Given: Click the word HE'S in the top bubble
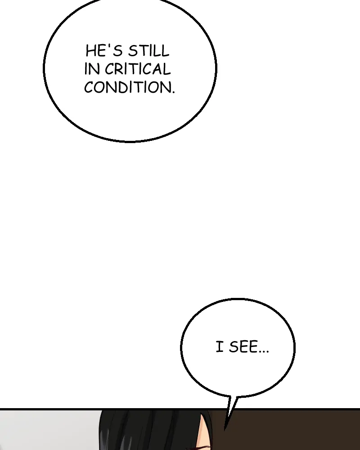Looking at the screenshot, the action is pyautogui.click(x=104, y=51).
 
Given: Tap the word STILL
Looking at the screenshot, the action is pyautogui.click(x=148, y=51).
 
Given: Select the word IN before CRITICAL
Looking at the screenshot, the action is pyautogui.click(x=92, y=69).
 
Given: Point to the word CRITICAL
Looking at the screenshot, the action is pyautogui.click(x=138, y=69).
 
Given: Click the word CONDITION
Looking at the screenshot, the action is pyautogui.click(x=128, y=87).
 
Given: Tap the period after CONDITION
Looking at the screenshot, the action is pyautogui.click(x=173, y=92).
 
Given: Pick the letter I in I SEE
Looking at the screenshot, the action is pyautogui.click(x=220, y=346).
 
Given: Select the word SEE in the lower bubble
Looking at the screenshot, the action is pyautogui.click(x=243, y=346).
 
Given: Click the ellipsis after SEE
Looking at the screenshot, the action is pyautogui.click(x=264, y=351).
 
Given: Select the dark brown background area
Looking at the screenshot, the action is pyautogui.click(x=287, y=431).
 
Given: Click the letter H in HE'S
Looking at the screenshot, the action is pyautogui.click(x=90, y=51).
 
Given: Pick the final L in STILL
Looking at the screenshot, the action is pyautogui.click(x=166, y=51).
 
